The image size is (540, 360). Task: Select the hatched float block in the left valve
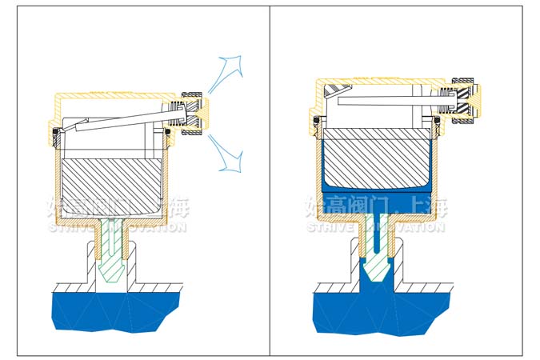point(112,181)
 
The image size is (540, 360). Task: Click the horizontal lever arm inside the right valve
point(384,102)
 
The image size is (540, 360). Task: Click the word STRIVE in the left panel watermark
point(70,228)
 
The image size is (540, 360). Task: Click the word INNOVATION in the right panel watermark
point(408,227)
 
